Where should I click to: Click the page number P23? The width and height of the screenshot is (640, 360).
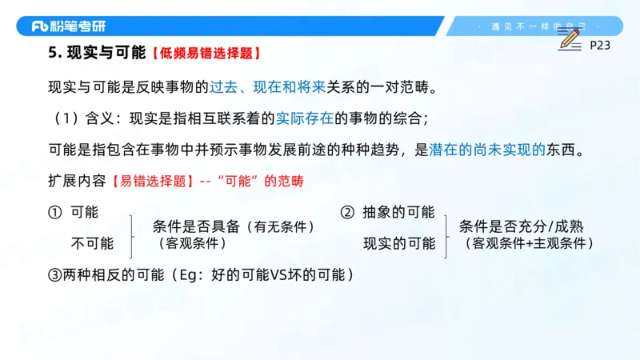click(600, 46)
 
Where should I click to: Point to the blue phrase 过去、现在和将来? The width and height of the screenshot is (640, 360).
click(257, 86)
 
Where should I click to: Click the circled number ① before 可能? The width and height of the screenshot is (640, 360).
click(54, 213)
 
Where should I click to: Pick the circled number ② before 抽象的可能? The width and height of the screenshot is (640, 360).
click(347, 213)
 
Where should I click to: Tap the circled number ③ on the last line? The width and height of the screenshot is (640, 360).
click(54, 275)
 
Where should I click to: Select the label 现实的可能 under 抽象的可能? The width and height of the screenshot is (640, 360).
click(399, 243)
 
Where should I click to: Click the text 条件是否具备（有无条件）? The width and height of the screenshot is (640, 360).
click(233, 227)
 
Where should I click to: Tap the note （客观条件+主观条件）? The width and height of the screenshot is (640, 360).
click(529, 242)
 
